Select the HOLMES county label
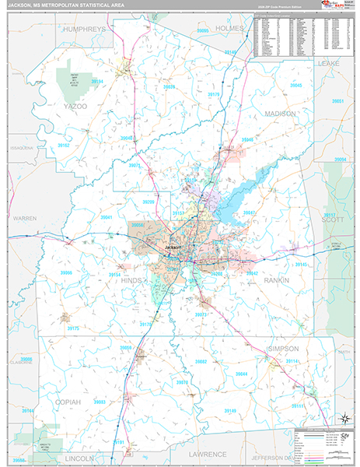tap(229, 29)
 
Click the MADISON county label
tap(279, 113)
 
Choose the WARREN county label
tap(24, 219)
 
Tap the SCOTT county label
tap(333, 220)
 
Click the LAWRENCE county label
tap(208, 453)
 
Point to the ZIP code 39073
tap(201, 314)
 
